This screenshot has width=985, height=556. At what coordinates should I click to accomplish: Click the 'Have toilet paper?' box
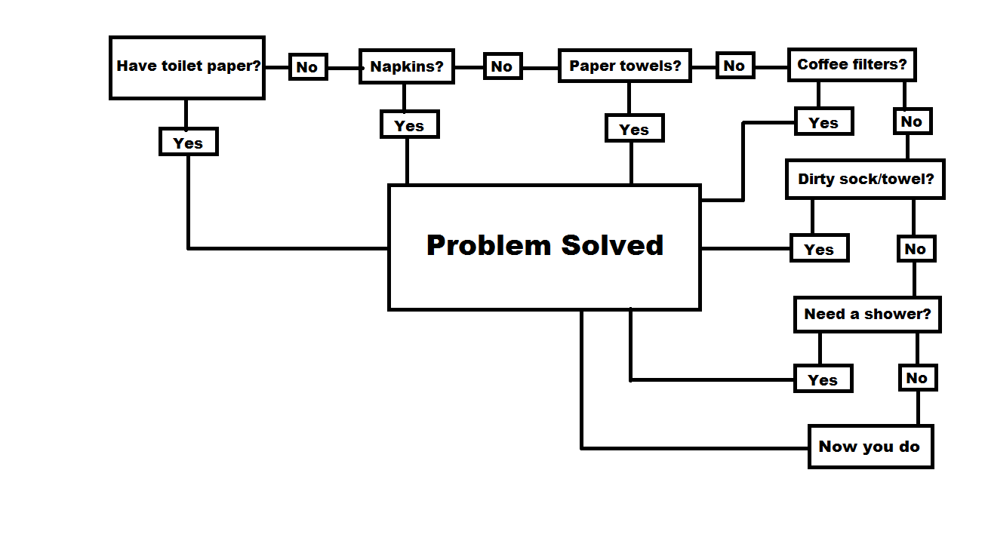187,67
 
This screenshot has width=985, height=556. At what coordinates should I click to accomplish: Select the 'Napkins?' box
407,67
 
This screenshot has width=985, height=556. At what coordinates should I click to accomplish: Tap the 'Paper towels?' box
625,66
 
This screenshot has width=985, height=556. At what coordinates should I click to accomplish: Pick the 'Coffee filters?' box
852,65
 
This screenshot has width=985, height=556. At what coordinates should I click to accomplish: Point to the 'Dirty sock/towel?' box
865,180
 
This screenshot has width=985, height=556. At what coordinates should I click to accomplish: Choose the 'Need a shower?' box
867,314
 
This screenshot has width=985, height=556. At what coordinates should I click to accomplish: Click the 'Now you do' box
870,447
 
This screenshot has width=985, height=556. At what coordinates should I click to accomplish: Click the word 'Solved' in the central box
612,245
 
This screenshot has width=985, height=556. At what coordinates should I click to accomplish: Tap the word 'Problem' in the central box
488,245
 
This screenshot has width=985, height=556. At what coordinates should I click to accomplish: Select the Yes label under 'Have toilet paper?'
188,143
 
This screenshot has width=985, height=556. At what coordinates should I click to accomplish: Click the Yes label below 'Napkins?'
409,125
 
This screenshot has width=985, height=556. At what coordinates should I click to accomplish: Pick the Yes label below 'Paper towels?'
634,129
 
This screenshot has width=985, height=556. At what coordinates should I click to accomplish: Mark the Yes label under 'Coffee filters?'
823,122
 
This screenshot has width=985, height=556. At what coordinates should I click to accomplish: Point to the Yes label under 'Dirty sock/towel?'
819,249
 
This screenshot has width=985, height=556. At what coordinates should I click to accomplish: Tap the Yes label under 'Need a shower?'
823,379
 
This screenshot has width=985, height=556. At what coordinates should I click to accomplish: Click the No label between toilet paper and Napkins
307,67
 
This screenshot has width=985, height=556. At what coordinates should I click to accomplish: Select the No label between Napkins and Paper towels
502,66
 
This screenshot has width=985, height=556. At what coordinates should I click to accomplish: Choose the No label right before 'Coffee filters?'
734,66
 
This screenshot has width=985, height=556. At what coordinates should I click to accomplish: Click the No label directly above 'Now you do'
917,378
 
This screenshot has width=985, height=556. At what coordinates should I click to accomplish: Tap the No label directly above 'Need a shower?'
916,249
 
